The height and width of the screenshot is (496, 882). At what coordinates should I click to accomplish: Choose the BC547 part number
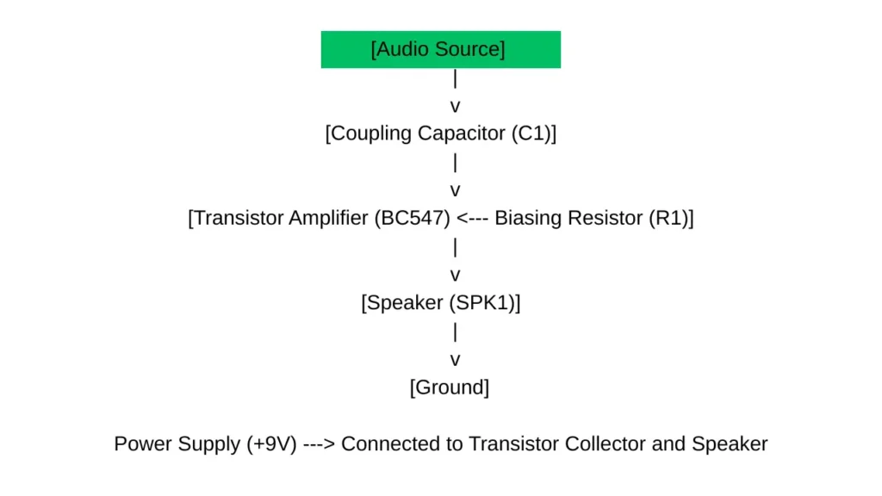tap(412, 219)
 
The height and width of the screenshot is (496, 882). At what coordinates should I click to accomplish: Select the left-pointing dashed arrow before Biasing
tap(473, 219)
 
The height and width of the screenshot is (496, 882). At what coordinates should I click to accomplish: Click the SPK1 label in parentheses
tap(488, 303)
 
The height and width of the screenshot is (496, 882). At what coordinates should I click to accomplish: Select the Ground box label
tap(450, 387)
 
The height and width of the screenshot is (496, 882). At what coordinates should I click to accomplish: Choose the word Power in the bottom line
tap(141, 444)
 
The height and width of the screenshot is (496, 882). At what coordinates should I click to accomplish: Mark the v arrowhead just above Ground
tap(456, 360)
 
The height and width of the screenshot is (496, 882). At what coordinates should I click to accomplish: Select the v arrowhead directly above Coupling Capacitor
tap(456, 107)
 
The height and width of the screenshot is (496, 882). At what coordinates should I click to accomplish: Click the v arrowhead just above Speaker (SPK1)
tap(456, 276)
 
